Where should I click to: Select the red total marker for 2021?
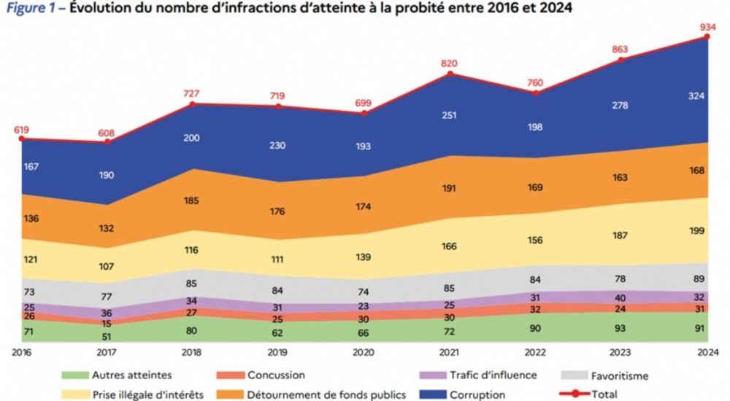tap(450, 74)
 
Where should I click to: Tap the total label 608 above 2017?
tap(107, 133)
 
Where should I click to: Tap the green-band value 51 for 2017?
tap(107, 335)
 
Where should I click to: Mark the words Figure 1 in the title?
tap(31, 9)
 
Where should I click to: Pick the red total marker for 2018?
tap(193, 104)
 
